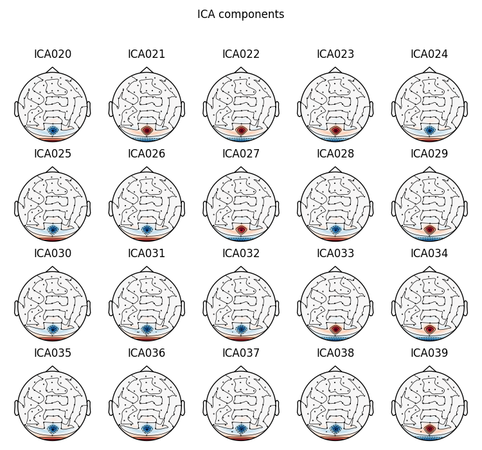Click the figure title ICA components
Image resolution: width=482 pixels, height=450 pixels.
[x=240, y=14]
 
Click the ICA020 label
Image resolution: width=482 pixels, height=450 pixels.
[x=53, y=55]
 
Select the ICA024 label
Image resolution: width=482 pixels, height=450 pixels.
[x=429, y=55]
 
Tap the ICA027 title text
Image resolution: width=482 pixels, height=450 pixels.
[x=241, y=154]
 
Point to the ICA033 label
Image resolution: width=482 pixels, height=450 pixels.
[x=335, y=254]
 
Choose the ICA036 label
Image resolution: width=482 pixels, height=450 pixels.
[x=147, y=354]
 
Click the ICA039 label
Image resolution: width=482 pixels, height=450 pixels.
[x=429, y=354]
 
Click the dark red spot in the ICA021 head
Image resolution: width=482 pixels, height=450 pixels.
[x=147, y=130]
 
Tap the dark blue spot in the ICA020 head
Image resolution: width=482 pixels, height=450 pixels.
[x=53, y=130]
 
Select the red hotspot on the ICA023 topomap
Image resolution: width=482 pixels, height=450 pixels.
[x=335, y=130]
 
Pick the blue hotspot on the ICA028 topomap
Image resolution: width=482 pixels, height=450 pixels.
[x=335, y=230]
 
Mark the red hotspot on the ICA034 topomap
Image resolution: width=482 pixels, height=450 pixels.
[x=429, y=329]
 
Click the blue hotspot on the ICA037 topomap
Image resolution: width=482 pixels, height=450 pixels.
[x=241, y=429]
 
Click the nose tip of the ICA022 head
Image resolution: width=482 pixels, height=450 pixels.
[x=241, y=67]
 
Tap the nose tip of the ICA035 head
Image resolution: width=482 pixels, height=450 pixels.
[x=53, y=366]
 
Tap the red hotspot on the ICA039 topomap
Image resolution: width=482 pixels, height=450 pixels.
[x=429, y=429]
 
